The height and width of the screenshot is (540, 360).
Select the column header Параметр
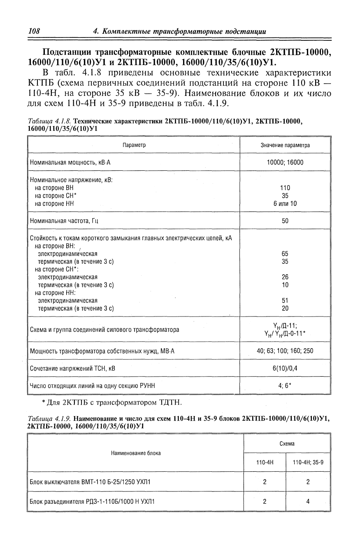134,145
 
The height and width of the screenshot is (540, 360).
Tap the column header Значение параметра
285,145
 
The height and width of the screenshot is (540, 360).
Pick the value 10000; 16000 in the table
285,163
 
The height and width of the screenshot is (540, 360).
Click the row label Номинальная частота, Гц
65,221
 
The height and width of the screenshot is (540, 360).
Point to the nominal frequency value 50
285,221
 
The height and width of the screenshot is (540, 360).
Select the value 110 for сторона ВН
285,188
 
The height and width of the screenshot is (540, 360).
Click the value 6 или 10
285,203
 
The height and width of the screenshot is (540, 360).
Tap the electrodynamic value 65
285,254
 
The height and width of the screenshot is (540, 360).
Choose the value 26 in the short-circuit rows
285,277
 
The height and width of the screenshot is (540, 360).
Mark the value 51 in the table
285,300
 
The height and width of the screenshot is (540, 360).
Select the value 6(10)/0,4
285,368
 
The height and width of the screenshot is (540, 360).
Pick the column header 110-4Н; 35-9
308,463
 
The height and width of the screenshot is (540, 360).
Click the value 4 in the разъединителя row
308,501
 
